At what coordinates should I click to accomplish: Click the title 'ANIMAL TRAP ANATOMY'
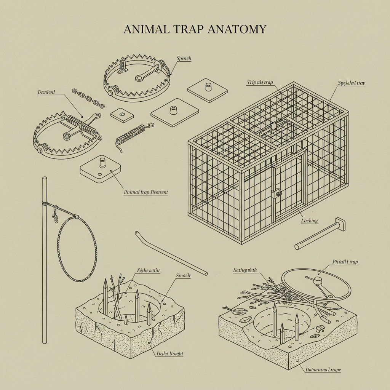(195, 30)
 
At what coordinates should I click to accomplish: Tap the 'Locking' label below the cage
(309, 221)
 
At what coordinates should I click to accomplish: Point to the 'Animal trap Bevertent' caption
(146, 192)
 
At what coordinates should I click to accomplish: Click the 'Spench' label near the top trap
(184, 59)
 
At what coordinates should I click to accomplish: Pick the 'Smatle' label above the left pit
(183, 275)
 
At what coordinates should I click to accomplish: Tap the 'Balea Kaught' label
(170, 354)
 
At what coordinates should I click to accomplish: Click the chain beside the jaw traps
(88, 98)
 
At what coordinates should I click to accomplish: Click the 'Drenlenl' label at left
(46, 92)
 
